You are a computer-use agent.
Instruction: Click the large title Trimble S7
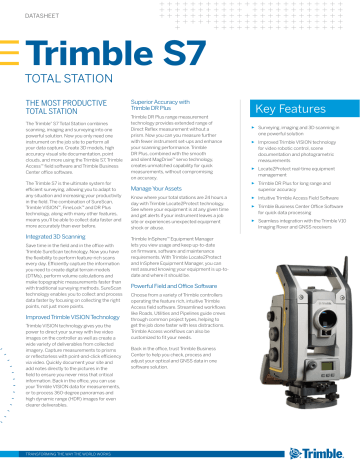[x=110, y=54]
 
